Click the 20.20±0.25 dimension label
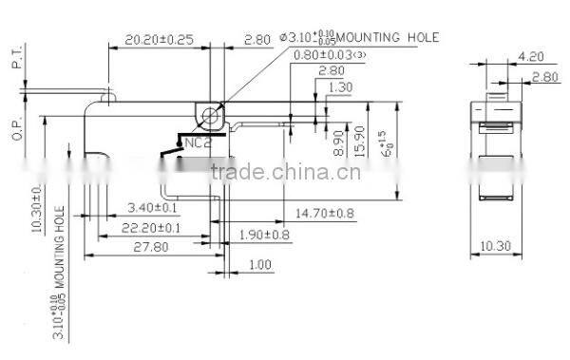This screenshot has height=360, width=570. point(159,41)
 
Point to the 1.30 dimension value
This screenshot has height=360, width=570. point(340,87)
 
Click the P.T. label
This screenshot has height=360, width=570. point(16,62)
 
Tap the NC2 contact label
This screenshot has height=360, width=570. point(197,143)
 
